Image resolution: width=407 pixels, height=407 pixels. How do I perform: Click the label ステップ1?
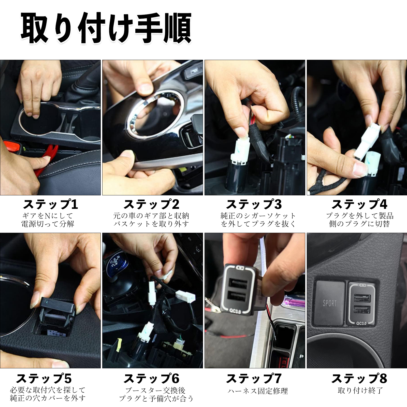pyautogui.click(x=50, y=204)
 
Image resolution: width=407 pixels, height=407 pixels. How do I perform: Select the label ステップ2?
pyautogui.click(x=151, y=204)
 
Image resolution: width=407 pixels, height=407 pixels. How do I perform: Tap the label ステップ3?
pyautogui.click(x=254, y=204)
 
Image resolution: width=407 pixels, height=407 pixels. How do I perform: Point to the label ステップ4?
pyautogui.click(x=359, y=204)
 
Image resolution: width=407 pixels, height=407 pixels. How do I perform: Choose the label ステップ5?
pyautogui.click(x=44, y=379)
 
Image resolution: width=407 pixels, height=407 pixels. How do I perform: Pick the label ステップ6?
pyautogui.click(x=151, y=379)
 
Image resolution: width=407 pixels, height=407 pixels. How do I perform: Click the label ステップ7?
pyautogui.click(x=254, y=379)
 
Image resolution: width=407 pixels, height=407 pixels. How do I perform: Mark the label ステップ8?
pyautogui.click(x=359, y=379)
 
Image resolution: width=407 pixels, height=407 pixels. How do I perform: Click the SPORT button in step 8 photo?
pyautogui.click(x=330, y=303)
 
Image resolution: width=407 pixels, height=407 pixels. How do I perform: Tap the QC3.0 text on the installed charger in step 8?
pyautogui.click(x=361, y=323)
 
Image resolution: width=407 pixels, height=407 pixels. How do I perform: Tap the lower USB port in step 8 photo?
pyautogui.click(x=361, y=309)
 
